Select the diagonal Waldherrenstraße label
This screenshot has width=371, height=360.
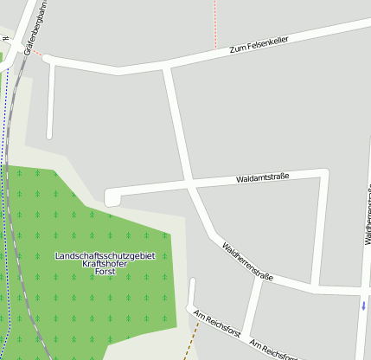click(247, 262)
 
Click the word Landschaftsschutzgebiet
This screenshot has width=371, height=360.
click(105, 256)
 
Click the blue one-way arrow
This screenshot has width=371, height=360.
click(364, 305)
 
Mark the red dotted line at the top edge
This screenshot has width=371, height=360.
click(214, 22)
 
